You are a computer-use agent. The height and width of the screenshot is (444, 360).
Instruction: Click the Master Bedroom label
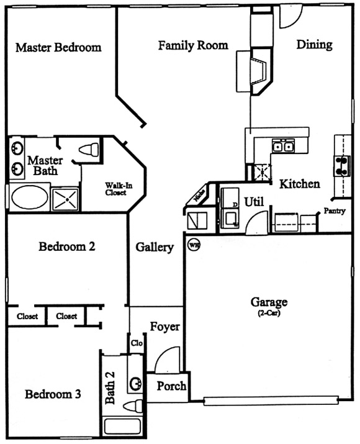click(x=58, y=47)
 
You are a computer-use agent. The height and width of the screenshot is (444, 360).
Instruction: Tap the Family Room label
click(x=193, y=45)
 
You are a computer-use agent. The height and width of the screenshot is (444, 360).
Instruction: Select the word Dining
click(x=315, y=45)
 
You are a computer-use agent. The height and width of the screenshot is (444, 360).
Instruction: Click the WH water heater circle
click(x=194, y=245)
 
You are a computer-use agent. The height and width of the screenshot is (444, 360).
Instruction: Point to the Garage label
click(x=269, y=302)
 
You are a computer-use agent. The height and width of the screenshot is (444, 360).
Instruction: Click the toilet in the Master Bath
click(x=89, y=149)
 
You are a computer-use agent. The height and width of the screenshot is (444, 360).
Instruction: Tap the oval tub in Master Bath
click(x=29, y=197)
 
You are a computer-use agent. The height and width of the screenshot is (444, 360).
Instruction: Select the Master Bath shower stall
click(x=65, y=199)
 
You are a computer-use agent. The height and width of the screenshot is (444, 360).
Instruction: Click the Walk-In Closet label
click(x=119, y=189)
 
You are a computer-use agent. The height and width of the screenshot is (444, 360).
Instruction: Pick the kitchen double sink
click(x=283, y=146)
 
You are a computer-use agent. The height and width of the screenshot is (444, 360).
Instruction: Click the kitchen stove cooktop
click(x=342, y=166)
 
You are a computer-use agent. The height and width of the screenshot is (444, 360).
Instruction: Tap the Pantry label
click(x=335, y=211)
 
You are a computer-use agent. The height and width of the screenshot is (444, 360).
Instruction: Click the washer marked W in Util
click(x=230, y=219)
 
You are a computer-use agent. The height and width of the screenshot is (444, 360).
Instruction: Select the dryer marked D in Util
click(x=230, y=198)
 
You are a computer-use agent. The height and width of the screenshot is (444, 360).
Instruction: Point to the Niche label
click(x=199, y=196)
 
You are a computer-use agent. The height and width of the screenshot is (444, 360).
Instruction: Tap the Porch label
click(x=171, y=386)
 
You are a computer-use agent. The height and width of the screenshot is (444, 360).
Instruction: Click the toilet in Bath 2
click(x=133, y=406)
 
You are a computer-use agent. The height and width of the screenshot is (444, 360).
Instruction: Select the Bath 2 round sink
click(x=135, y=384)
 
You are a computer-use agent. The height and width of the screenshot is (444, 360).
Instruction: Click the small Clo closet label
click(x=137, y=343)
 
